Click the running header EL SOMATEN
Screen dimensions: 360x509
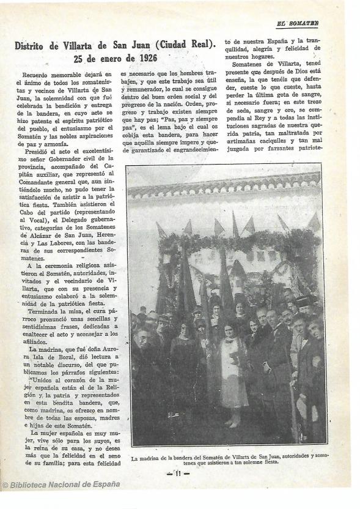point(297,24)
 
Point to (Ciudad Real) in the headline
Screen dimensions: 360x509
point(186,45)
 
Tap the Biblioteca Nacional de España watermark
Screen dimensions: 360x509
point(61,485)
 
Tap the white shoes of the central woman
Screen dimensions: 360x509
point(230,423)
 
